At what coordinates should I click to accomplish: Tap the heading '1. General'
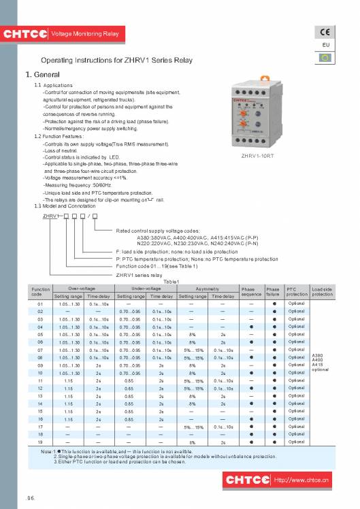[42, 74]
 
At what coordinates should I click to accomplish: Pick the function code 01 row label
[40, 303]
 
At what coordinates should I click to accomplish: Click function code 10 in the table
[40, 373]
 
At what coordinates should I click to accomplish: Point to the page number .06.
[31, 498]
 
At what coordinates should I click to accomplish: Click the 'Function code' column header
[41, 292]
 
